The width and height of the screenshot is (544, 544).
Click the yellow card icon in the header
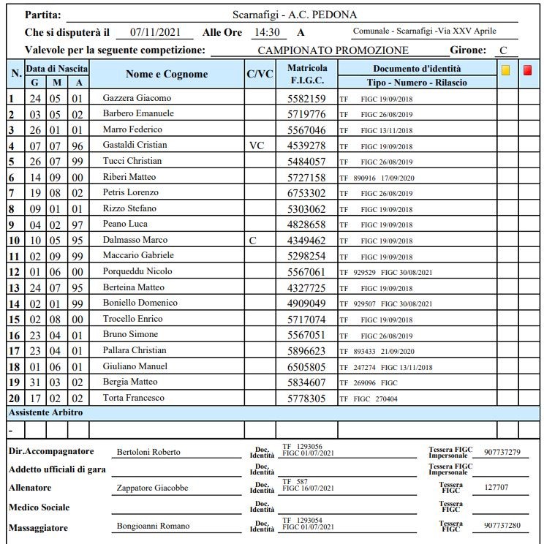pos(506,71)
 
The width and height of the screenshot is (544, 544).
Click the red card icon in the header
pos(528,71)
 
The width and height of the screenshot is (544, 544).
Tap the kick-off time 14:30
pos(265,33)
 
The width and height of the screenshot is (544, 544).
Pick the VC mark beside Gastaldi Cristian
pos(256,146)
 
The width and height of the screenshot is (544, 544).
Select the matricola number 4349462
pos(306,241)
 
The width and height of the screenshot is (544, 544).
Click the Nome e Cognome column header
pos(167,74)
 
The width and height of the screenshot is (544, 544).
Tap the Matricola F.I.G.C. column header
pos(307,73)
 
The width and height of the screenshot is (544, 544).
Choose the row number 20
pos(14,398)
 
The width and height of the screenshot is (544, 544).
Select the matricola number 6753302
pos(306,193)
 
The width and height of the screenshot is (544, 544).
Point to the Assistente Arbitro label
pos(45,412)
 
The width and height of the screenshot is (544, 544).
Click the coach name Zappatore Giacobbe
pos(152,488)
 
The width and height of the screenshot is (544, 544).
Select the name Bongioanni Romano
pos(153,526)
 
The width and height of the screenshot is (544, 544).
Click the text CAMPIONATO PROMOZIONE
pos(333,50)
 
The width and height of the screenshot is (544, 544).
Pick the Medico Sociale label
pos(39,507)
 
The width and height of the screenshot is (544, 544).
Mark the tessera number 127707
pos(496,487)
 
